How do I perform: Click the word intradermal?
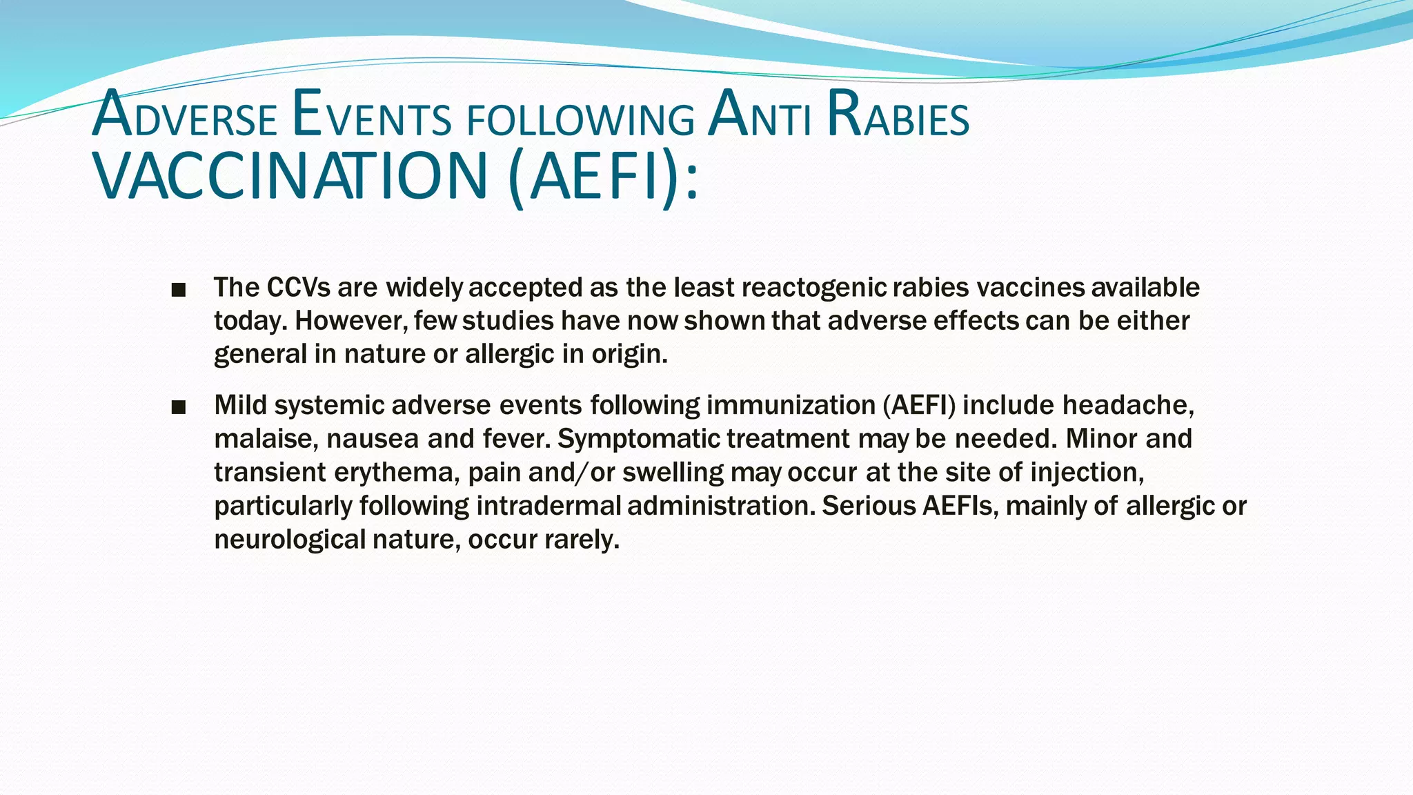[x=549, y=506]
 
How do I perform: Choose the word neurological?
[x=290, y=540]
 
